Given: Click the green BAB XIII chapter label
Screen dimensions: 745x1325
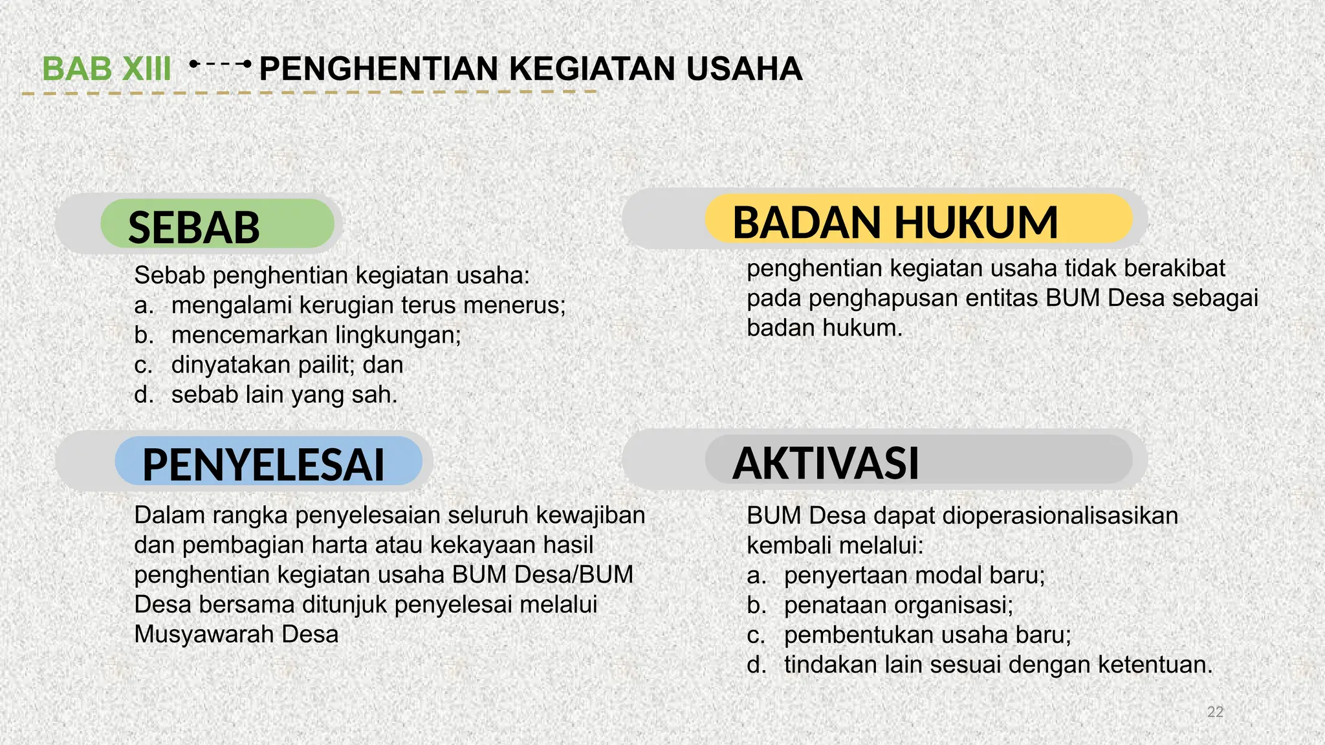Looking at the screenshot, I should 107,69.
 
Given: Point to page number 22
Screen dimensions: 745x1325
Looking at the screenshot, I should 1215,712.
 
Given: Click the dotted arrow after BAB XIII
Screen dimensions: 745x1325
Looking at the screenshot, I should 219,65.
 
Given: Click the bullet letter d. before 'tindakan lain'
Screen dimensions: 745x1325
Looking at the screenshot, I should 756,665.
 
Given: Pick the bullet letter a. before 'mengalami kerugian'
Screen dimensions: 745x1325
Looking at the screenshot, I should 144,305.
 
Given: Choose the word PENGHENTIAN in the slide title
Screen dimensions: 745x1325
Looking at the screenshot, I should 378,69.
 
